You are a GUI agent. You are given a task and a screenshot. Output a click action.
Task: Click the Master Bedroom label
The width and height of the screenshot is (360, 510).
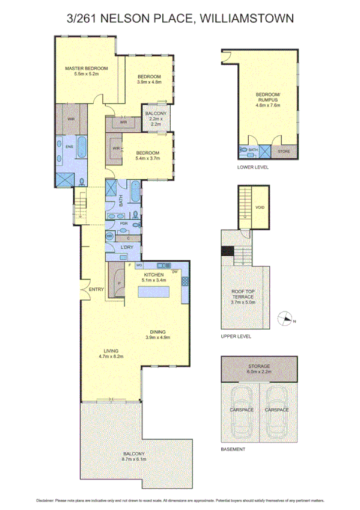point(86,72)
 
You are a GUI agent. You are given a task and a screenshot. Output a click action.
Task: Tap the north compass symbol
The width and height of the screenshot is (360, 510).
point(286,319)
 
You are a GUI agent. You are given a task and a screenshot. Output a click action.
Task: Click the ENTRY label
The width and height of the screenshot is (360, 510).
point(96,290)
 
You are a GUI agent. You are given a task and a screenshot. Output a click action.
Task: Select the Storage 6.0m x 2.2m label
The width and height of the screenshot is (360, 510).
point(260,369)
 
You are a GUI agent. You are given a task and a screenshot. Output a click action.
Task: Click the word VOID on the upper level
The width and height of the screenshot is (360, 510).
point(260,207)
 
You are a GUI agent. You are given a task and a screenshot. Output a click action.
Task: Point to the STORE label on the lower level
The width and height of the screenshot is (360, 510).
point(284,152)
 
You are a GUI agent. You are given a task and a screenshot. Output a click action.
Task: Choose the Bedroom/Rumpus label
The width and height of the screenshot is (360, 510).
point(268,99)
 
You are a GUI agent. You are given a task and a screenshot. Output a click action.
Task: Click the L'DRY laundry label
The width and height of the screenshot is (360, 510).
point(127,248)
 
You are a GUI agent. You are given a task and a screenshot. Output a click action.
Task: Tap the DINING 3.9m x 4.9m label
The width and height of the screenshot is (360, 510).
point(157,334)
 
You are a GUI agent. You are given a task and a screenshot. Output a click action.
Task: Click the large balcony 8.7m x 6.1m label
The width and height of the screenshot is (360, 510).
point(134,456)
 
